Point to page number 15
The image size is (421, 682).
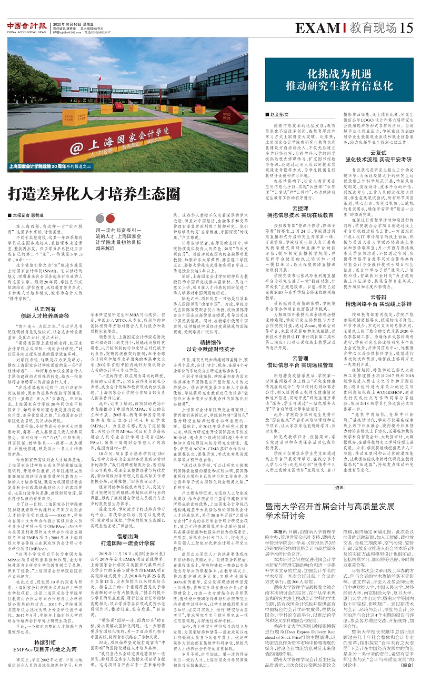point(406,27)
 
